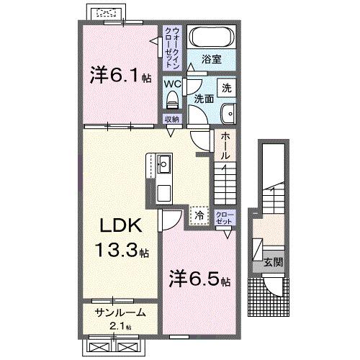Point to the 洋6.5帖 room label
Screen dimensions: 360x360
(199, 277)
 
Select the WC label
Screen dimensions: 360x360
(172, 83)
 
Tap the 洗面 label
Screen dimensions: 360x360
(205, 99)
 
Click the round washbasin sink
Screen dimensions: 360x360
(229, 112)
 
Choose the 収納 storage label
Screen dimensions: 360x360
(171, 120)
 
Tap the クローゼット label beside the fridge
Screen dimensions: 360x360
(224, 217)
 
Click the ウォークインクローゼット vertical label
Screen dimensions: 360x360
(172, 45)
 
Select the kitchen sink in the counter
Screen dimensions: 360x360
(163, 163)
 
